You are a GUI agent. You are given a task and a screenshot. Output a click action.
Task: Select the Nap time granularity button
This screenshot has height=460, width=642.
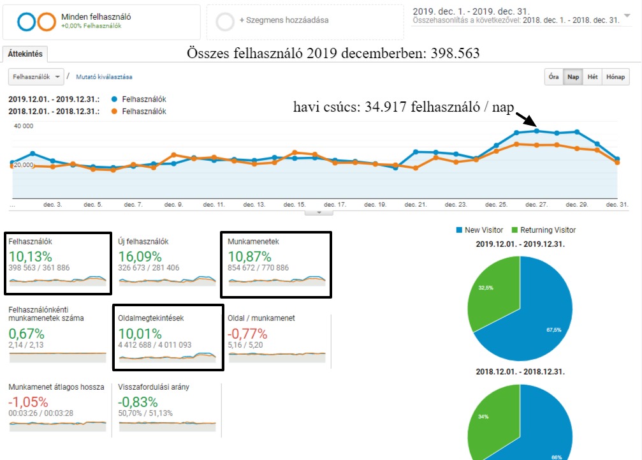point(573,77)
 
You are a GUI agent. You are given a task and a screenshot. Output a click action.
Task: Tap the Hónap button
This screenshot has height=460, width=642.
point(615,77)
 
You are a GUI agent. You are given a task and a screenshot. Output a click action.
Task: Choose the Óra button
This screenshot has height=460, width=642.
point(553,77)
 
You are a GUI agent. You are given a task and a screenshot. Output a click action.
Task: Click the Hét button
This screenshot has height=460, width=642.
point(593,77)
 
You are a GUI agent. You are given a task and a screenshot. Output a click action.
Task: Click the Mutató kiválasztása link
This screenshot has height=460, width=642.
point(104,77)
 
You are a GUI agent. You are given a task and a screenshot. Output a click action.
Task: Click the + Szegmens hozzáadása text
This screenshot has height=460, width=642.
point(284,20)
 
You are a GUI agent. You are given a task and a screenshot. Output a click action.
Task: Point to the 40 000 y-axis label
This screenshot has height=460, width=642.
point(23,126)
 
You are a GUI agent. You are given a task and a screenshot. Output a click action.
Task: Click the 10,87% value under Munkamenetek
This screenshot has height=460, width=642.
point(249,257)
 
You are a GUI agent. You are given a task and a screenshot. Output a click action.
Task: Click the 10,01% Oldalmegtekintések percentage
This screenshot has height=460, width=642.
point(140,333)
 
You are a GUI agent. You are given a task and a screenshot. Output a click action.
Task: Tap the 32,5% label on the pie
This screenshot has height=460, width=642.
point(486,288)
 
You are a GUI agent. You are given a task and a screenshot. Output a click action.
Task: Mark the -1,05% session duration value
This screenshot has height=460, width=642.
point(28,403)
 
